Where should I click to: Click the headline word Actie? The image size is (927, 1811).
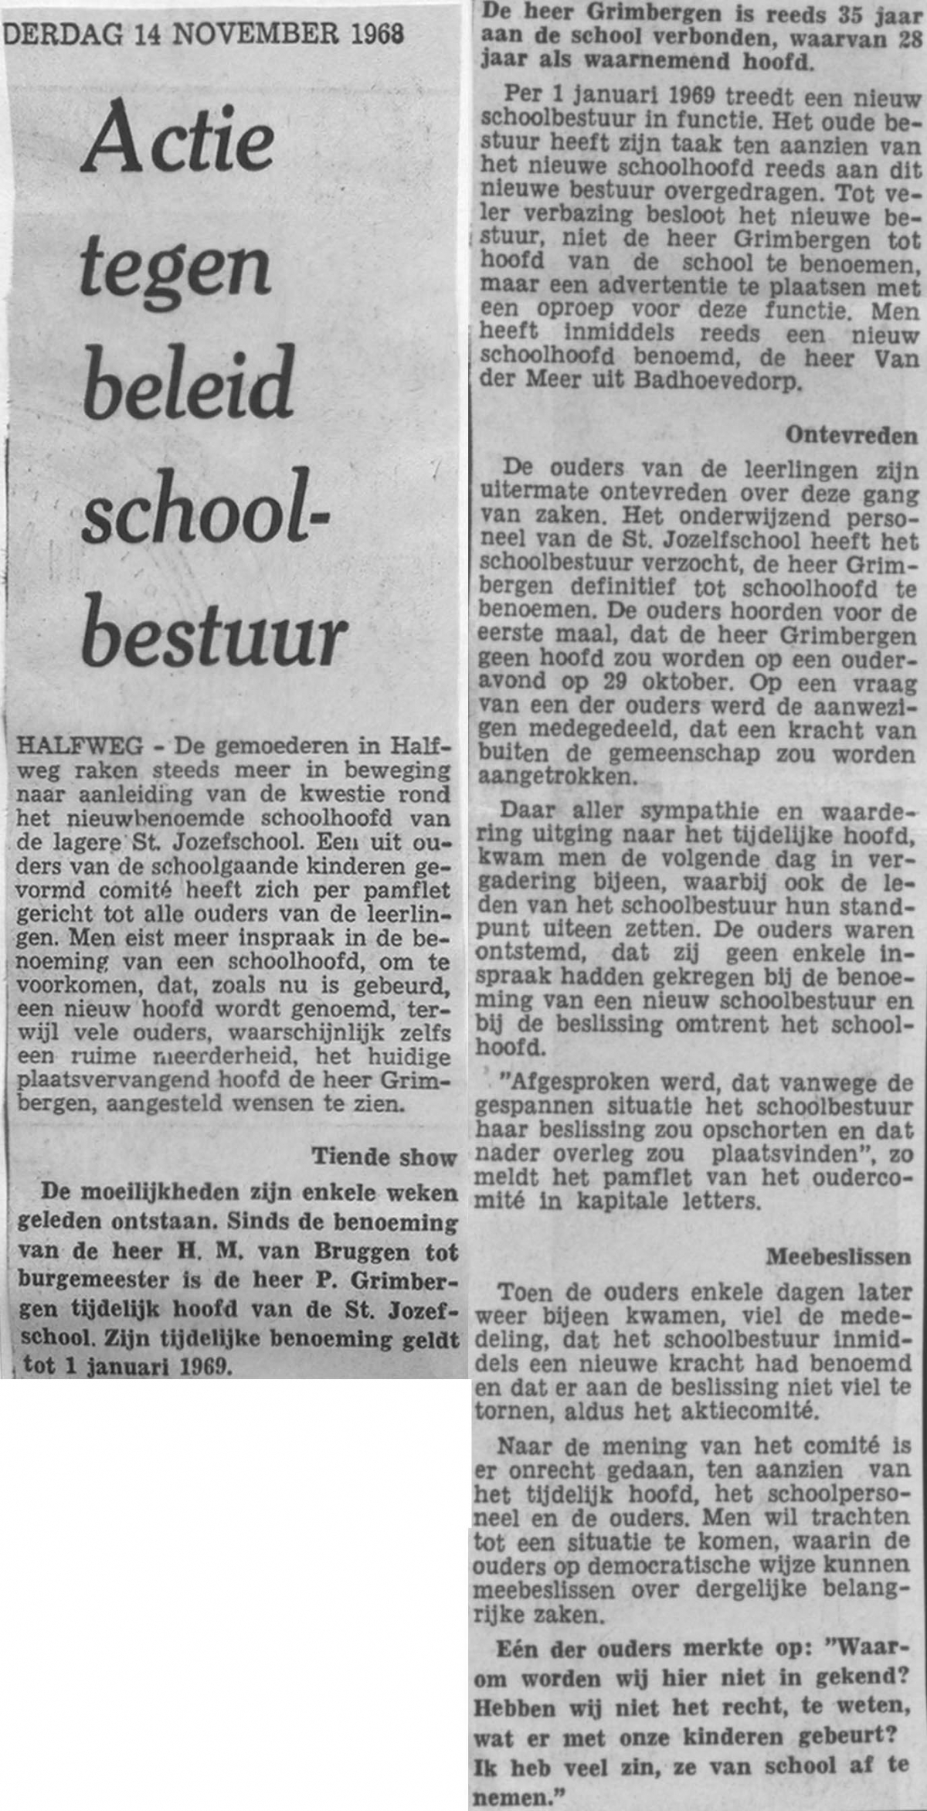coord(178,140)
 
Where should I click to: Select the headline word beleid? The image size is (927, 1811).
coord(189,382)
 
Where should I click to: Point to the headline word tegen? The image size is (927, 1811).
coord(176,267)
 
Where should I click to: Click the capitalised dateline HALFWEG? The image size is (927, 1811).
coord(80,746)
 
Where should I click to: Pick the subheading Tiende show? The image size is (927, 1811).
coord(384,1157)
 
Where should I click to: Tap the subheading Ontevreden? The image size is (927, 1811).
coord(851,436)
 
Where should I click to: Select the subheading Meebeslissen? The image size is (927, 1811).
coord(838,1257)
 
